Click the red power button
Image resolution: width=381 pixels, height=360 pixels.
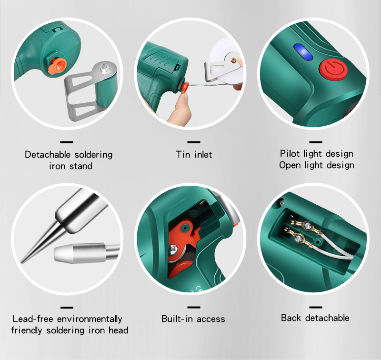[x=333, y=70]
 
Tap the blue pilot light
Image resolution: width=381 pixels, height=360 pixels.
[x=303, y=52]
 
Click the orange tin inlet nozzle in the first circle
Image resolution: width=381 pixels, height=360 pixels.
[x=57, y=66]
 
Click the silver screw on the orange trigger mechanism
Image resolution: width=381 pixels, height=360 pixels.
[x=173, y=250]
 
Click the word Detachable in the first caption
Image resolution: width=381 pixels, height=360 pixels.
[x=48, y=154]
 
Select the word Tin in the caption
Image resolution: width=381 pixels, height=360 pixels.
[x=183, y=154]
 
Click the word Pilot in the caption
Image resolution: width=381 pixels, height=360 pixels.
[x=290, y=153]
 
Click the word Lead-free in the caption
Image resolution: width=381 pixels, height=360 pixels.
[x=33, y=319]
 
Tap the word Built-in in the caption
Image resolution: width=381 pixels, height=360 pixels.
[x=177, y=319]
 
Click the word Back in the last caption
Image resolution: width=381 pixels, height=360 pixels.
[x=291, y=318]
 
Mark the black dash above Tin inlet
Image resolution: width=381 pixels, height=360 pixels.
[x=194, y=142]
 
